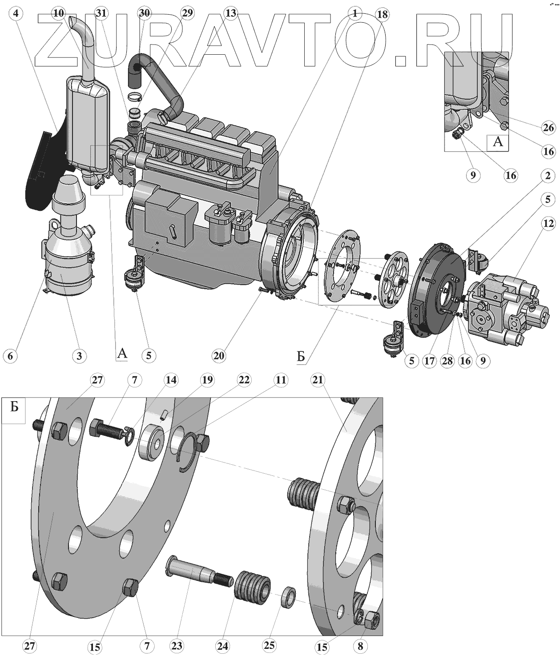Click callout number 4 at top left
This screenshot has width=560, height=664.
16,13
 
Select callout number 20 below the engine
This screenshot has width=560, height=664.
219,355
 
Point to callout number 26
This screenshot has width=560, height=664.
548,128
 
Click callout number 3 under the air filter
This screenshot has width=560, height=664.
79,355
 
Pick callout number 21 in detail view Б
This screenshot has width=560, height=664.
318,380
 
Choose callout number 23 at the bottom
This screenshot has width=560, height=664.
177,645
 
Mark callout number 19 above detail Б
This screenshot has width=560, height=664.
207,380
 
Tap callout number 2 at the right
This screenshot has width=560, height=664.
548,176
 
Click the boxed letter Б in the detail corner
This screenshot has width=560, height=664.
14,407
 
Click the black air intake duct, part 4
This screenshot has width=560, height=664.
42,169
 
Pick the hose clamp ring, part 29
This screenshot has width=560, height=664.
135,96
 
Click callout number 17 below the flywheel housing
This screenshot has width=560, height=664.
429,361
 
